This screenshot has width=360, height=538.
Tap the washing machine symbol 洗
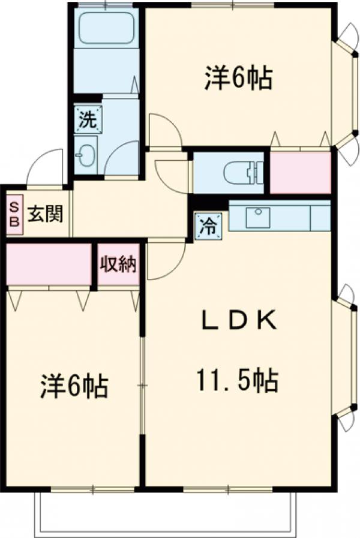[88, 119]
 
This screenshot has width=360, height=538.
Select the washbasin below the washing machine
[86, 155]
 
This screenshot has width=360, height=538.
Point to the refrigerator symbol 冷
[208, 226]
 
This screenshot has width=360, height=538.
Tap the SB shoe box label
[14, 214]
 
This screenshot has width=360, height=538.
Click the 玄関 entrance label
[46, 214]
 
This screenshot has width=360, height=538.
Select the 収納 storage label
[119, 264]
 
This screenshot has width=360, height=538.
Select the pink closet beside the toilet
[300, 172]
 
